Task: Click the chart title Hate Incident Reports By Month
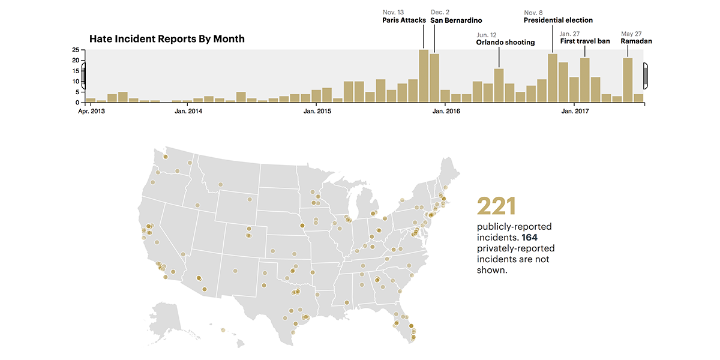[x=167, y=39]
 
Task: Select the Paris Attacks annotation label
[x=404, y=20]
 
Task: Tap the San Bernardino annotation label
[x=456, y=20]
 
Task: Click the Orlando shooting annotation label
[x=505, y=43]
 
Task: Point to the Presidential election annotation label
[x=558, y=20]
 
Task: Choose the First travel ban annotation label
[x=585, y=41]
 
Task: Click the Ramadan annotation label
[x=636, y=41]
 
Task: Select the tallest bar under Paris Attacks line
[x=424, y=76]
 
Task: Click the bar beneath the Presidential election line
[x=553, y=78]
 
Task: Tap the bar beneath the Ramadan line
[x=628, y=80]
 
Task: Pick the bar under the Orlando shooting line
[x=499, y=85]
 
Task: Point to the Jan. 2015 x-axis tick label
[x=317, y=112]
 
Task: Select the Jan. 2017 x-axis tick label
[x=575, y=112]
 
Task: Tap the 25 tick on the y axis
[x=75, y=50]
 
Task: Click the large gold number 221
[x=496, y=206]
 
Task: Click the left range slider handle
[x=84, y=76]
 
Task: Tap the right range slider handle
[x=646, y=76]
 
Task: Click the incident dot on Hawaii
[x=223, y=329]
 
